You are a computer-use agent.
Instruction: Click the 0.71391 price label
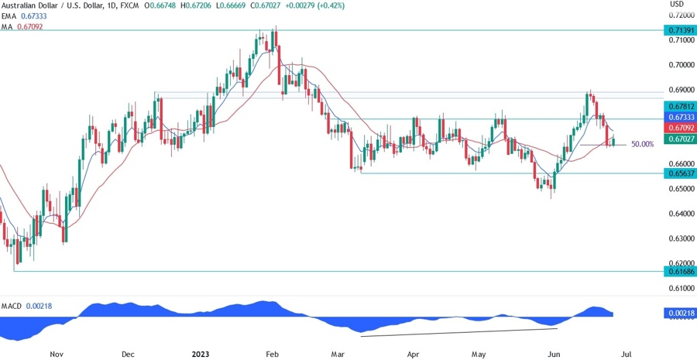coord(680,29)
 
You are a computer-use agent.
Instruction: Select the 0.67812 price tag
coord(680,105)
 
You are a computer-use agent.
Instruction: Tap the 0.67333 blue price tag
coord(680,116)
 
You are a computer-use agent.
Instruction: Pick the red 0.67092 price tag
coord(680,127)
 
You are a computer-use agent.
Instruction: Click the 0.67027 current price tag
coord(680,138)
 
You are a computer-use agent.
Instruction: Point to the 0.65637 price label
coord(680,173)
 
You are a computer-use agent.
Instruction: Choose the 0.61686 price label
coord(680,271)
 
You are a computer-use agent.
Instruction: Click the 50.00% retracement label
coord(643,144)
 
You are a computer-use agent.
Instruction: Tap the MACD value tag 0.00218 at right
coord(680,313)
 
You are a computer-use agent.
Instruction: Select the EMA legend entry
coord(9,16)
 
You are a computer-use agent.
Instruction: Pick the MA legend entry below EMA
coord(8,26)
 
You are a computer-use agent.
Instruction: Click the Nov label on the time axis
coord(56,353)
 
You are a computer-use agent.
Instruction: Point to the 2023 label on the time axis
coord(200,353)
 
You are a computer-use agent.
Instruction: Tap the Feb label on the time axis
coord(272,353)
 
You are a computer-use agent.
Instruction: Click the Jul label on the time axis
coord(626,353)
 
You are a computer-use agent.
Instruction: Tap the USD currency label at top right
coord(677,5)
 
